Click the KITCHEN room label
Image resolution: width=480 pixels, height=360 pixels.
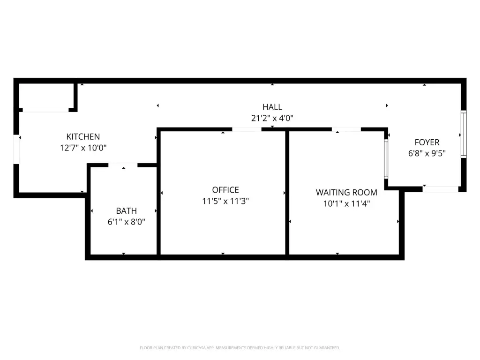pos(83,136)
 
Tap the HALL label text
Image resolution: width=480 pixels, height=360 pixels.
pos(272,107)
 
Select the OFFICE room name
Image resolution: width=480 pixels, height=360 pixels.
pos(225,190)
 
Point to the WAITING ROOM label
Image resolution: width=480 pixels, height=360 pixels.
pos(346,193)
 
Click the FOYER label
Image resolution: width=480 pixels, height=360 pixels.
pos(427,142)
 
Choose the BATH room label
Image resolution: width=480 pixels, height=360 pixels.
pos(126,211)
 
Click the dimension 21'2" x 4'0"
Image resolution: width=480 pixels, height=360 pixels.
pos(272,118)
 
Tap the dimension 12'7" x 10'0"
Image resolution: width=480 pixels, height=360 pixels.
pos(83,148)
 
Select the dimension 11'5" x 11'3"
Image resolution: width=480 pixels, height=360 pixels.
pos(225,201)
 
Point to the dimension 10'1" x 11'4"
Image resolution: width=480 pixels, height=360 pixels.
pos(346,203)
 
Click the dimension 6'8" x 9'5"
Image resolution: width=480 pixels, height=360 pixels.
pos(427,153)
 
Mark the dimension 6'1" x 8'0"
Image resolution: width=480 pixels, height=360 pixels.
pos(126,222)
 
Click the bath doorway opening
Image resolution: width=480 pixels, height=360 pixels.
pos(123,165)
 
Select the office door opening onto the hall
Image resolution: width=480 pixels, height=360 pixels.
pos(247,129)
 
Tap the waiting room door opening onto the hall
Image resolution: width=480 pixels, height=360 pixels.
pos(346,129)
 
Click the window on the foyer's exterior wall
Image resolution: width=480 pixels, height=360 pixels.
pos(464,134)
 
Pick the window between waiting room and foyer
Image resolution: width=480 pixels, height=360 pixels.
pos(386,159)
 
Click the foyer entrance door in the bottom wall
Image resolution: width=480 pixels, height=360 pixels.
pos(441,189)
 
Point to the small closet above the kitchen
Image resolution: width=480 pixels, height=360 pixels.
pos(46,96)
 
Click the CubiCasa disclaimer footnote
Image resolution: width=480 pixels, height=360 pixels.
pos(240,348)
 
